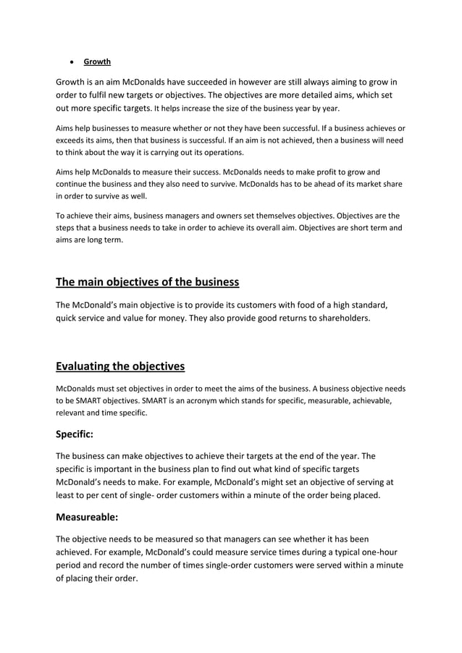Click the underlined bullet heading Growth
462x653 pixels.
[x=97, y=62]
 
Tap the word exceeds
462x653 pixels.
[x=73, y=140]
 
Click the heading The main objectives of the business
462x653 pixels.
[x=147, y=282]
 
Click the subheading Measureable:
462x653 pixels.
[x=90, y=518]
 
